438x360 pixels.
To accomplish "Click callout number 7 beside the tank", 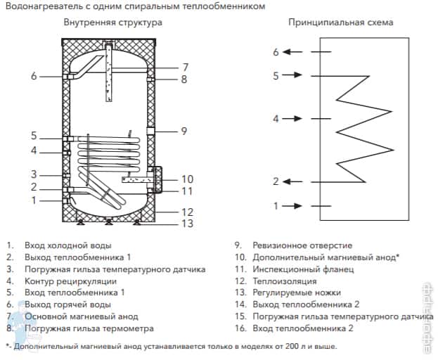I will pos(184,67).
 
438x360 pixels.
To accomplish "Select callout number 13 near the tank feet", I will pos(186,224).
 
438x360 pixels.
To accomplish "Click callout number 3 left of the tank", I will pos(33,174).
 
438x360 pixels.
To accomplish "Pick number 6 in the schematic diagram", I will pos(276,51).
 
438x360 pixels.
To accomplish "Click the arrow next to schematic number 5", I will pos(296,75).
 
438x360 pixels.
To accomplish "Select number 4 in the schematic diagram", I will pos(276,119).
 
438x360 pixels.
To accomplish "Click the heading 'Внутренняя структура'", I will pos(112,22).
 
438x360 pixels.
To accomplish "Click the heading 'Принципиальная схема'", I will pos(340,22).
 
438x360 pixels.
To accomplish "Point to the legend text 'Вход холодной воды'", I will pos(67,246).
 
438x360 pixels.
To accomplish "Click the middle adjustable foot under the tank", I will pos(108,223).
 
